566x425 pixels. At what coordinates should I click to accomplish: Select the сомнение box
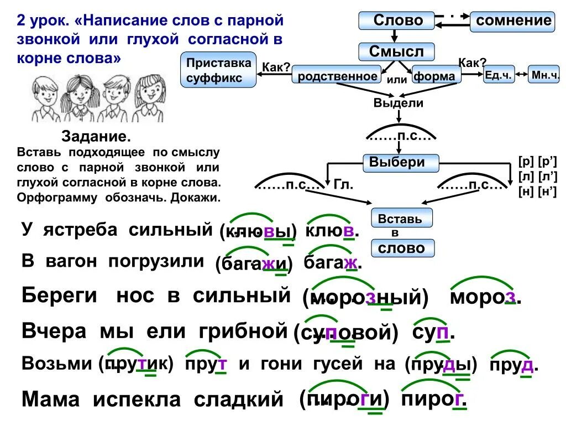point(513,21)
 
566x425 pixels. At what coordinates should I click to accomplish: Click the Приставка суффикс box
point(219,70)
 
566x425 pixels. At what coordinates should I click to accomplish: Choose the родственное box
point(337,76)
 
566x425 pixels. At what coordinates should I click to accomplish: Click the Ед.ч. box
point(499,75)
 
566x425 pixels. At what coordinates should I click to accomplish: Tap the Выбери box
point(401,163)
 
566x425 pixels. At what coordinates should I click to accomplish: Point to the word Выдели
point(399,103)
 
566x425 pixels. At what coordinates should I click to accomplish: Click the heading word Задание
point(96,136)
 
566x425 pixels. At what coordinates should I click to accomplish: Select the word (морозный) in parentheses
point(366,299)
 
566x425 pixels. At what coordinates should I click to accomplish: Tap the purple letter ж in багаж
point(350,263)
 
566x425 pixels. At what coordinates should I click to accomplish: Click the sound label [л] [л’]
point(537,177)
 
